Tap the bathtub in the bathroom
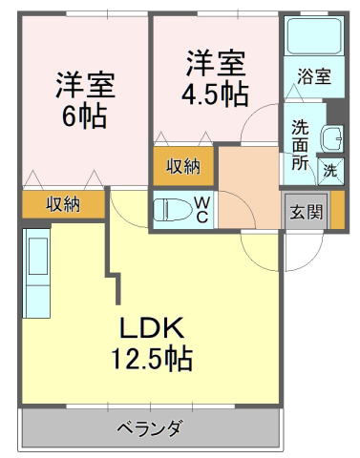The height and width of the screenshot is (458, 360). pos(313,37)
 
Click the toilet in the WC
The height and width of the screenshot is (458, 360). pos(173,210)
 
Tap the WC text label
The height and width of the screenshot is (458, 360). pos(202,210)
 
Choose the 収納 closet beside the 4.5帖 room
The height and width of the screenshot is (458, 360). pos(183,167)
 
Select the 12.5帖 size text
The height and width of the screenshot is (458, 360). pos(152,360)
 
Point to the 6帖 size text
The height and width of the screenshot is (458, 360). pos(84,117)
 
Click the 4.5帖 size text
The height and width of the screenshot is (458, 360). pos(215,95)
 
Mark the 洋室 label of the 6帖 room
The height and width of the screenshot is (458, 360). pos(84,84)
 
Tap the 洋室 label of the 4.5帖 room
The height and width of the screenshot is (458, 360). pos(215,63)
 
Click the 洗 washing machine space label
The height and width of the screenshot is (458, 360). pos(329,173)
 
